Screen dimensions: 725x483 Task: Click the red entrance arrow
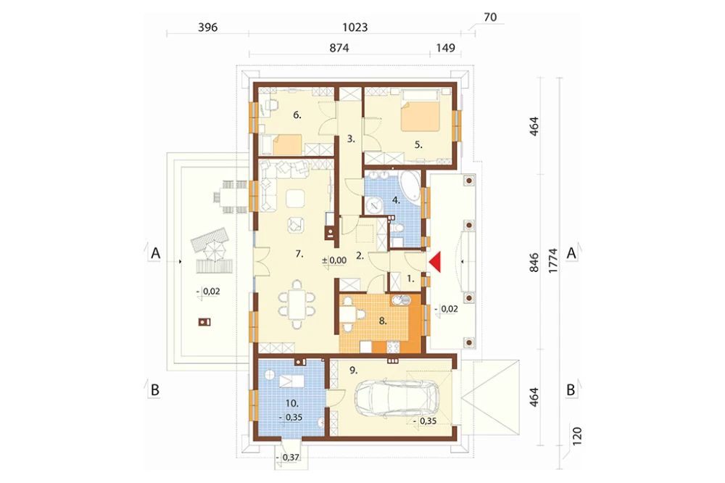click(436, 262)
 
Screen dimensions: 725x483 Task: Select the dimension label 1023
click(355, 28)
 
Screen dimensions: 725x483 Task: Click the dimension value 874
click(339, 48)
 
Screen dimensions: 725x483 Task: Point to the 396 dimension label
click(207, 28)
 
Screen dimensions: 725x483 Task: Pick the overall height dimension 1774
click(553, 261)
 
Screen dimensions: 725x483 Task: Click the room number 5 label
click(418, 145)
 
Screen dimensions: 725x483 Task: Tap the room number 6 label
click(297, 115)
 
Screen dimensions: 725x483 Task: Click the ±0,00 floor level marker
click(334, 260)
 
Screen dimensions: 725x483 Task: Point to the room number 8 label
click(382, 321)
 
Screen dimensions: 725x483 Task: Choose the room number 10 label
click(291, 403)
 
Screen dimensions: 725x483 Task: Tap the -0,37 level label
click(288, 458)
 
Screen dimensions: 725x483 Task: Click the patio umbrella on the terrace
click(212, 252)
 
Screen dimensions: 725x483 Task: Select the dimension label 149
click(445, 48)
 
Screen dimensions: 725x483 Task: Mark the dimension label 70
click(490, 17)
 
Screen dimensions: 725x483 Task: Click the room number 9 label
click(353, 371)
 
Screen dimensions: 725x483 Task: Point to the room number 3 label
click(351, 139)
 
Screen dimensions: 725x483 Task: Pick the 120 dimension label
click(577, 437)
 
